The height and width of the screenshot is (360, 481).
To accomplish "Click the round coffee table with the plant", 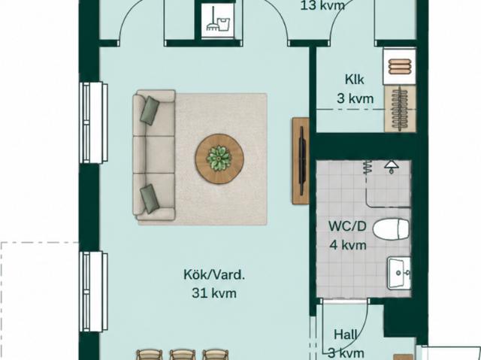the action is click(x=219, y=159).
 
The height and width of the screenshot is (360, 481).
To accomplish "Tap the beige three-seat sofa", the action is click(x=154, y=155).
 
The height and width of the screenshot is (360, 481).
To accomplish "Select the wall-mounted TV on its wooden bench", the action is click(x=301, y=161).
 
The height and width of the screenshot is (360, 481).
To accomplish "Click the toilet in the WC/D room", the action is click(x=392, y=228).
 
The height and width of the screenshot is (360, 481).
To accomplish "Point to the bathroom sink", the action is click(x=399, y=274).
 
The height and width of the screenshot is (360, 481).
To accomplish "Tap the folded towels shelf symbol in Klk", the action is click(x=399, y=66).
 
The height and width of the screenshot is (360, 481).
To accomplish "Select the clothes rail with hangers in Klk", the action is click(x=400, y=109).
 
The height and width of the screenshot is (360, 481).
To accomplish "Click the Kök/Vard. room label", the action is click(x=214, y=274).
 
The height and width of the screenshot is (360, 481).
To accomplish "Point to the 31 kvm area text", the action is click(x=214, y=293).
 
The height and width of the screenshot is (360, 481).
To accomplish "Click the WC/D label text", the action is click(x=347, y=226).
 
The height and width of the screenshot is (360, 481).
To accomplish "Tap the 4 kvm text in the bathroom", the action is click(x=348, y=245).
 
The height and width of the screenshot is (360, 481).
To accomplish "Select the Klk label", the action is click(x=355, y=80).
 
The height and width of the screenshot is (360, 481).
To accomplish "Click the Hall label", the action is click(x=346, y=334).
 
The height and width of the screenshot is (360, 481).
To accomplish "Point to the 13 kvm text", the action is click(x=322, y=5).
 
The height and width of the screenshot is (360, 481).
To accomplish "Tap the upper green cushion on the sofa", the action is click(x=150, y=110).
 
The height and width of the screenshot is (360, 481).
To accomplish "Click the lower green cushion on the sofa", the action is click(x=150, y=198).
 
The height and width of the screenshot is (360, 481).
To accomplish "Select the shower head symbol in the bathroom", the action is click(x=392, y=167).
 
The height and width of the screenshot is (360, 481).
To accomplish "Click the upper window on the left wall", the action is click(x=93, y=123).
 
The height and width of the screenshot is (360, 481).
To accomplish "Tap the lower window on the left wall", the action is click(x=93, y=292).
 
